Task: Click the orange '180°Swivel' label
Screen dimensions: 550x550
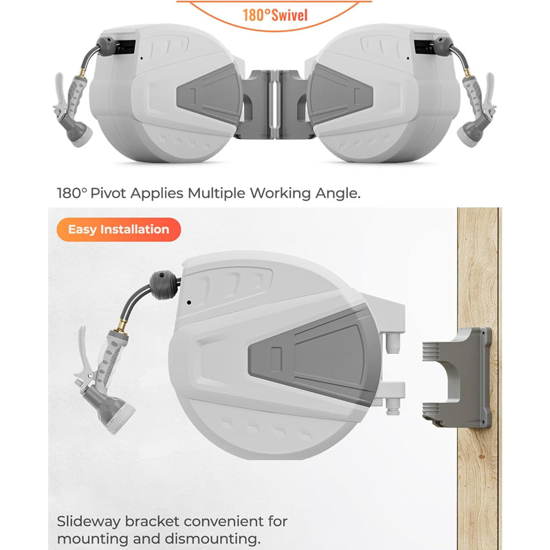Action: click(275, 15)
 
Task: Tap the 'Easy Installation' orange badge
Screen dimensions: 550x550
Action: click(118, 230)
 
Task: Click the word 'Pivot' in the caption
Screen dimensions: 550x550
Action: click(108, 193)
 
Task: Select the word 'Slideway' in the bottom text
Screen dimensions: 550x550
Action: click(89, 522)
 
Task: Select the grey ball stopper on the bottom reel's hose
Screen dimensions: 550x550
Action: click(164, 285)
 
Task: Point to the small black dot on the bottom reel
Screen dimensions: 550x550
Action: click(189, 302)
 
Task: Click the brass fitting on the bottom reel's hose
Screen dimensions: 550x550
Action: click(122, 324)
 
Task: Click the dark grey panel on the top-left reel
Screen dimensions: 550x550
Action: click(210, 95)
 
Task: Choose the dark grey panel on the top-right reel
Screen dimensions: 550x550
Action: click(340, 95)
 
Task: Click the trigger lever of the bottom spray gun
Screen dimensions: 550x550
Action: click(82, 354)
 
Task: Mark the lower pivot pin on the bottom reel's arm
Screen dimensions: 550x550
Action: click(393, 406)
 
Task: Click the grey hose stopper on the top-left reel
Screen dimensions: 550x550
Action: click(105, 45)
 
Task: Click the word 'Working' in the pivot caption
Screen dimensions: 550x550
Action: click(280, 193)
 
